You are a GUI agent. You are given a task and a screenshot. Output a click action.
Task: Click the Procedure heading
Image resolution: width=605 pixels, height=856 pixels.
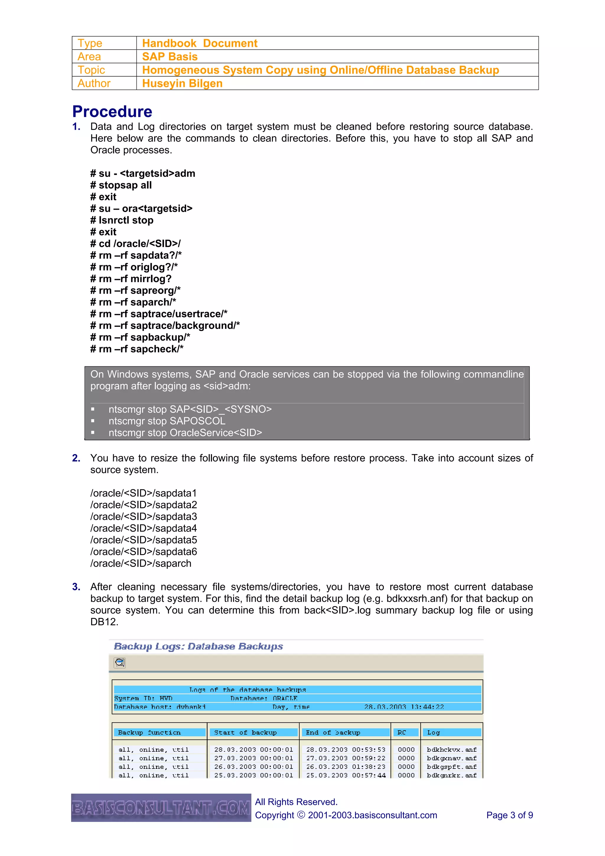tap(112, 111)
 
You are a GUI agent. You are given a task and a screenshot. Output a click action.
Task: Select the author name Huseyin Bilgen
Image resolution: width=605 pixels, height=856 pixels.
tap(182, 83)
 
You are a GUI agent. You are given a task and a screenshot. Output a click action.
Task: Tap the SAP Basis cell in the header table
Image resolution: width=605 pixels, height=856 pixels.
tap(170, 57)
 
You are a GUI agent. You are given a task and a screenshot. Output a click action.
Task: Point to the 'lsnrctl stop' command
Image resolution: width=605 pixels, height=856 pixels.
tap(122, 220)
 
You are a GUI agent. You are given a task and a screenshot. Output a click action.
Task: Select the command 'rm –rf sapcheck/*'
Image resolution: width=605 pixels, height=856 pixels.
tap(137, 349)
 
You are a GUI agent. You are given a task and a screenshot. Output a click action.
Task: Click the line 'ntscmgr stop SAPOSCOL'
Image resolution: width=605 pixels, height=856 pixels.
tap(167, 421)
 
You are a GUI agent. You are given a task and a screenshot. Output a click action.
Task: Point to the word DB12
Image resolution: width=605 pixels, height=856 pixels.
tap(104, 622)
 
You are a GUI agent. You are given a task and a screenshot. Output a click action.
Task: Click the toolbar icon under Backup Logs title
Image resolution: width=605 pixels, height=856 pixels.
tap(120, 663)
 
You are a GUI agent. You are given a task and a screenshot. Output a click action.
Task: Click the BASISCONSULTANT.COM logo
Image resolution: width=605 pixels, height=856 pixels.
tap(161, 808)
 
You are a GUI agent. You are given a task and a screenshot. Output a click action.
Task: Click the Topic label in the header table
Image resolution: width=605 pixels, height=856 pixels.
tap(91, 70)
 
